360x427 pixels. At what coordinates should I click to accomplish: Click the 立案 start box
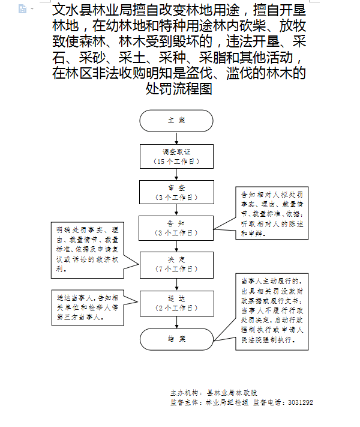tap(176, 121)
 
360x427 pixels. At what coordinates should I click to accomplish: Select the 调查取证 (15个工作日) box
tap(176, 156)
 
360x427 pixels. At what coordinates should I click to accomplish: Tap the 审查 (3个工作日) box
tap(176, 192)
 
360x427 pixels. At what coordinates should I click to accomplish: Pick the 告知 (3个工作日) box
tap(176, 227)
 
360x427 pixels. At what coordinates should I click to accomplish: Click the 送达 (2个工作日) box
tap(176, 303)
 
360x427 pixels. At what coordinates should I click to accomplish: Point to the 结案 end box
tap(176, 339)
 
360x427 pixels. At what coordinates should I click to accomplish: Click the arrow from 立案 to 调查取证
tap(176, 138)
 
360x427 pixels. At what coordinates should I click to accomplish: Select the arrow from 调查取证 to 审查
tap(176, 174)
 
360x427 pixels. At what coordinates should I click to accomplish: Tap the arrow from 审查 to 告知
tap(176, 210)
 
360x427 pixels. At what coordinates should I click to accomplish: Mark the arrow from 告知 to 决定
tap(176, 245)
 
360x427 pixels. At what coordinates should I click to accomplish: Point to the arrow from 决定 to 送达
tap(176, 283)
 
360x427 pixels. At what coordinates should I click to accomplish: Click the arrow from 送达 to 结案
tap(176, 321)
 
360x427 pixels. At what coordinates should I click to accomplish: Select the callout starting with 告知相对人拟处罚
tap(272, 214)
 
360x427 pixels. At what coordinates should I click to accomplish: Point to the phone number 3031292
tap(301, 402)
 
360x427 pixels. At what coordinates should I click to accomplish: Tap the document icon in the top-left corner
tap(22, 8)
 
